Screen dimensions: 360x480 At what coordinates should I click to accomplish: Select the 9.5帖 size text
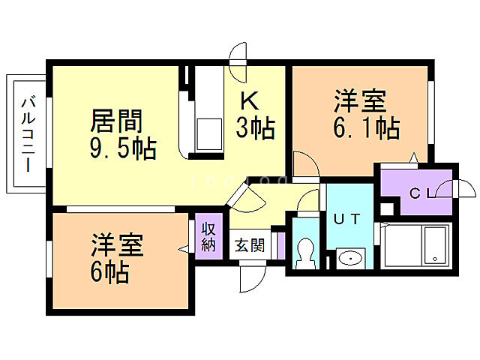(x=123, y=147)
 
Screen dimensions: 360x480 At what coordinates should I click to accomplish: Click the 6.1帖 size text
(x=365, y=127)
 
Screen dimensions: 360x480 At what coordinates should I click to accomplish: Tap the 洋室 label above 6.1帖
(x=360, y=100)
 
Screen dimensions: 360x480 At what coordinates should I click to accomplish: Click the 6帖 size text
(x=110, y=271)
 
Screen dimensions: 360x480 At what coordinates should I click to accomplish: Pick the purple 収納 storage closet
(x=208, y=236)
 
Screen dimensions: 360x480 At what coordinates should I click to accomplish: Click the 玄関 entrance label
(x=249, y=245)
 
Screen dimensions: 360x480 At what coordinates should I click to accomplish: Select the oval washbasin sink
(x=349, y=259)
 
